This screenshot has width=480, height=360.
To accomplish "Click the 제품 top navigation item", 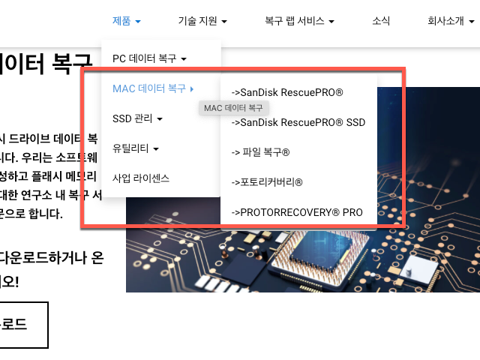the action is click(x=121, y=21).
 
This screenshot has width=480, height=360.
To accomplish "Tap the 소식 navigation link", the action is click(x=381, y=21).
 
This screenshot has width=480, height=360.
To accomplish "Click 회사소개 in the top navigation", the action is click(x=446, y=21).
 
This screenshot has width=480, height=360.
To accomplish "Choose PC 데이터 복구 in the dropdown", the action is click(x=148, y=58).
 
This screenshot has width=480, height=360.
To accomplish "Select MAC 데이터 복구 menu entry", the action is click(x=149, y=88).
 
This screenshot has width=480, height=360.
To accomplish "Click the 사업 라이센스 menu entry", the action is click(x=140, y=178).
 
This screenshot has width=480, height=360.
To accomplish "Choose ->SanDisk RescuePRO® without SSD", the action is click(x=287, y=93).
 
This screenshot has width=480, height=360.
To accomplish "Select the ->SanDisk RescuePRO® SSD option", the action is click(x=298, y=122).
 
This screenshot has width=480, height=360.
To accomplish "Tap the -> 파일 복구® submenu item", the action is click(x=260, y=152).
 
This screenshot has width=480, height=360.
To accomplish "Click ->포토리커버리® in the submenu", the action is click(x=267, y=182).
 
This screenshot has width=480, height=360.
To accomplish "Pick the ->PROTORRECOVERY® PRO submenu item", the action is click(x=297, y=212).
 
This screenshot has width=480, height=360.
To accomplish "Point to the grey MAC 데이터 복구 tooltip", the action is click(x=233, y=109).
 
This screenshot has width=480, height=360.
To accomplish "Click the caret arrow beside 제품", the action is click(x=139, y=22).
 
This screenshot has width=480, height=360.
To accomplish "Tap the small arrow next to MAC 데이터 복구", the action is click(x=192, y=88).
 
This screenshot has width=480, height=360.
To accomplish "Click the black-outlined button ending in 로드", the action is click(x=22, y=325).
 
